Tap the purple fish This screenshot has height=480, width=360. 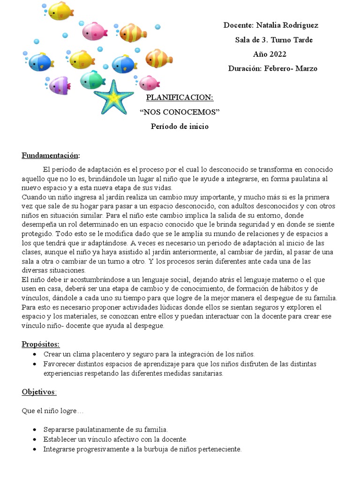coord(60,85)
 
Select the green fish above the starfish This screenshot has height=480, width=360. coord(92,80)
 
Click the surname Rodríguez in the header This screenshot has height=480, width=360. coord(300,25)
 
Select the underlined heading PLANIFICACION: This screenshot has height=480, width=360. coord(180,97)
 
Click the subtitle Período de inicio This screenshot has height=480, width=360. coord(180,126)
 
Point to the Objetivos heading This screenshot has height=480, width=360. coord(39,392)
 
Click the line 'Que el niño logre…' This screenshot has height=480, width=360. coord(52,411)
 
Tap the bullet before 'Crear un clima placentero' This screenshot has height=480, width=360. coord(35,354)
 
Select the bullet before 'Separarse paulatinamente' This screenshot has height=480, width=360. coord(35,430)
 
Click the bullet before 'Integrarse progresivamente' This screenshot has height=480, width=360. coord(35,449)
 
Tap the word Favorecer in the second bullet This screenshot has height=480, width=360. coord(59,364)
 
